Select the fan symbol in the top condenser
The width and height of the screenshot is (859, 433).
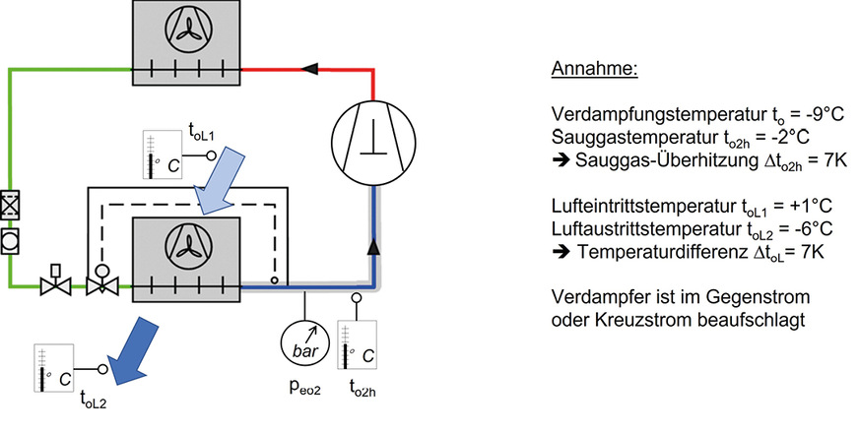click(x=185, y=33)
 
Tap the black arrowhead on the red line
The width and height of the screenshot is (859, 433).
click(x=311, y=69)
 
